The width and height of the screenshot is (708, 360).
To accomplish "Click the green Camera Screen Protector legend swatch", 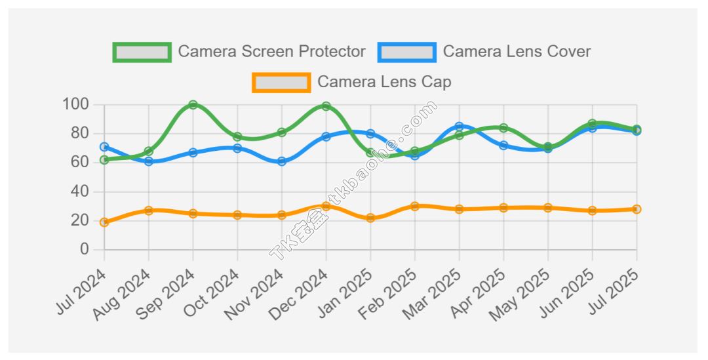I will click(142, 52).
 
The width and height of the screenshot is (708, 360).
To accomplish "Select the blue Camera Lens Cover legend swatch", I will click(406, 52).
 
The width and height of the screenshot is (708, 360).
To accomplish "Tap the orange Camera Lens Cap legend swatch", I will click(281, 83).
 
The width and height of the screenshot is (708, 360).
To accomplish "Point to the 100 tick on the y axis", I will click(75, 104).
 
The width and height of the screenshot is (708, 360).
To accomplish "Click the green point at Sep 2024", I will click(193, 105).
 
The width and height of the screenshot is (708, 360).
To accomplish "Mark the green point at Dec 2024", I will click(326, 106).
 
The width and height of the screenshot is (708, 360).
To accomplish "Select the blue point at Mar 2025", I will click(459, 127).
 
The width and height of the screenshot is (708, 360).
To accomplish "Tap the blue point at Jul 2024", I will click(104, 147).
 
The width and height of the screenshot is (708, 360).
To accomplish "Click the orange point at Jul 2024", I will click(104, 222).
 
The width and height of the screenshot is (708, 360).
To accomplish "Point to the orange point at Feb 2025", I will click(414, 206).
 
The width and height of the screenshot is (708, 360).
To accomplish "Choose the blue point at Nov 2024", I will click(282, 161).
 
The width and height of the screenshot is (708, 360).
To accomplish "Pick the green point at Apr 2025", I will click(503, 128).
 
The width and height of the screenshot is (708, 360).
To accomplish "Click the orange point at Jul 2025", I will click(637, 209).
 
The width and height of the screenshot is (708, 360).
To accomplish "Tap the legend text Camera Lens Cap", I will click(384, 83).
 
